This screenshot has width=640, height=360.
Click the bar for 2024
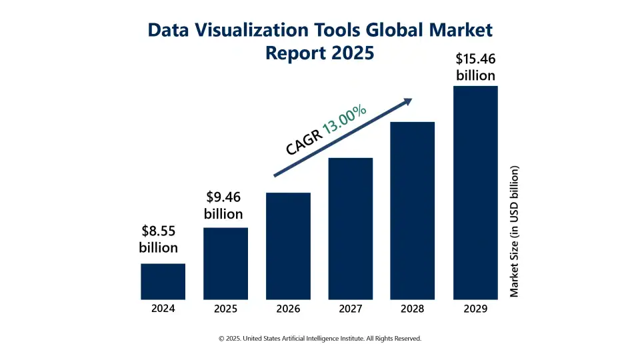point(163,281)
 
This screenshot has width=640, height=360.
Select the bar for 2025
point(225,263)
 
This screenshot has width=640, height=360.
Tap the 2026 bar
point(288,246)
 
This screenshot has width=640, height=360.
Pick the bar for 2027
point(351,229)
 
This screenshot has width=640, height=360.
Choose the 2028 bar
point(413,211)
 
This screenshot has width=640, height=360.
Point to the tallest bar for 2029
point(475,193)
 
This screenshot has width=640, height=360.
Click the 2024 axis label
point(163,309)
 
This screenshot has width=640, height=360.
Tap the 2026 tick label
point(288,309)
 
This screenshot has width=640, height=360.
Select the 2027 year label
point(351,309)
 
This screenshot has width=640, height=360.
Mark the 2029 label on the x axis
point(475,309)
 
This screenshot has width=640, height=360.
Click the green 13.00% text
point(345,120)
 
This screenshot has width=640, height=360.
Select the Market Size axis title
point(514,231)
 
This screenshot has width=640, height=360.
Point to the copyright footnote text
point(320,339)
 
